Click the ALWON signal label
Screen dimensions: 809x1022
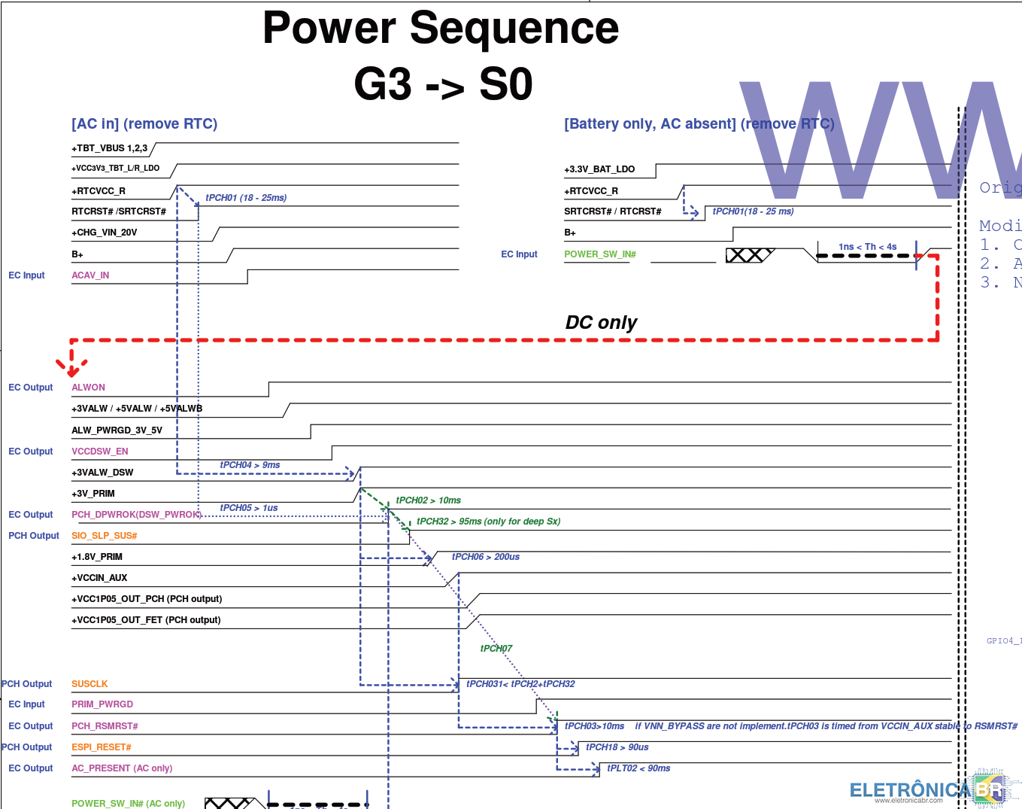tap(88, 388)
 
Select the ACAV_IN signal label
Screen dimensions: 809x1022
tap(90, 275)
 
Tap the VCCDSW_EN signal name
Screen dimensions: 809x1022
tap(99, 452)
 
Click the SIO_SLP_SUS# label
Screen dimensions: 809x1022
tap(104, 536)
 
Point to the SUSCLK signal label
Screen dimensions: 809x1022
tap(89, 684)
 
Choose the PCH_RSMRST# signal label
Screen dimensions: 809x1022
tap(105, 726)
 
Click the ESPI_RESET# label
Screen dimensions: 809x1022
tap(101, 747)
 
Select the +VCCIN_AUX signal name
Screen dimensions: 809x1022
tap(99, 578)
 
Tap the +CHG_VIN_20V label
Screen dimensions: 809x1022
tap(104, 233)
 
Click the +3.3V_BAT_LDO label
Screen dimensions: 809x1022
tap(599, 169)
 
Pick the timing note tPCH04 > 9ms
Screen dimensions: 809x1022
tap(250, 465)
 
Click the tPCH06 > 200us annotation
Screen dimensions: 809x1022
tap(485, 557)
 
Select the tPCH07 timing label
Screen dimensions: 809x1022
tap(496, 649)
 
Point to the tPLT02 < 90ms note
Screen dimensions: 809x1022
tap(638, 768)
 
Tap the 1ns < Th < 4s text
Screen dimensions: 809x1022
tap(867, 247)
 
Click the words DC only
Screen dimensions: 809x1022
tap(600, 323)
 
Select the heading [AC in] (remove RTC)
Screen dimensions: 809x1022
tap(144, 124)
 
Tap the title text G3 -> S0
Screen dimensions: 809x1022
tap(443, 84)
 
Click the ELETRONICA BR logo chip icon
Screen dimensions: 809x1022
tap(989, 789)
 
